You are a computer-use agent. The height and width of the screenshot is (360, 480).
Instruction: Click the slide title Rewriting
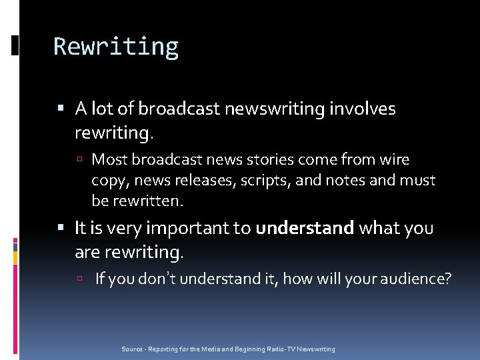(x=116, y=47)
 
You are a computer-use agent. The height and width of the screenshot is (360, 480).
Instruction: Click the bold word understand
(x=305, y=229)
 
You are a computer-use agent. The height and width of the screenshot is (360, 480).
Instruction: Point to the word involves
(x=363, y=109)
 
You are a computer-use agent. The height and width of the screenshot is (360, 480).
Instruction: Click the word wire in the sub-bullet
(x=395, y=160)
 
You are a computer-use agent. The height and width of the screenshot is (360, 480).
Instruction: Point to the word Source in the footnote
(x=132, y=349)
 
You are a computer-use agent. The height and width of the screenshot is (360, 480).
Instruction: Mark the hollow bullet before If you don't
(x=81, y=279)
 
